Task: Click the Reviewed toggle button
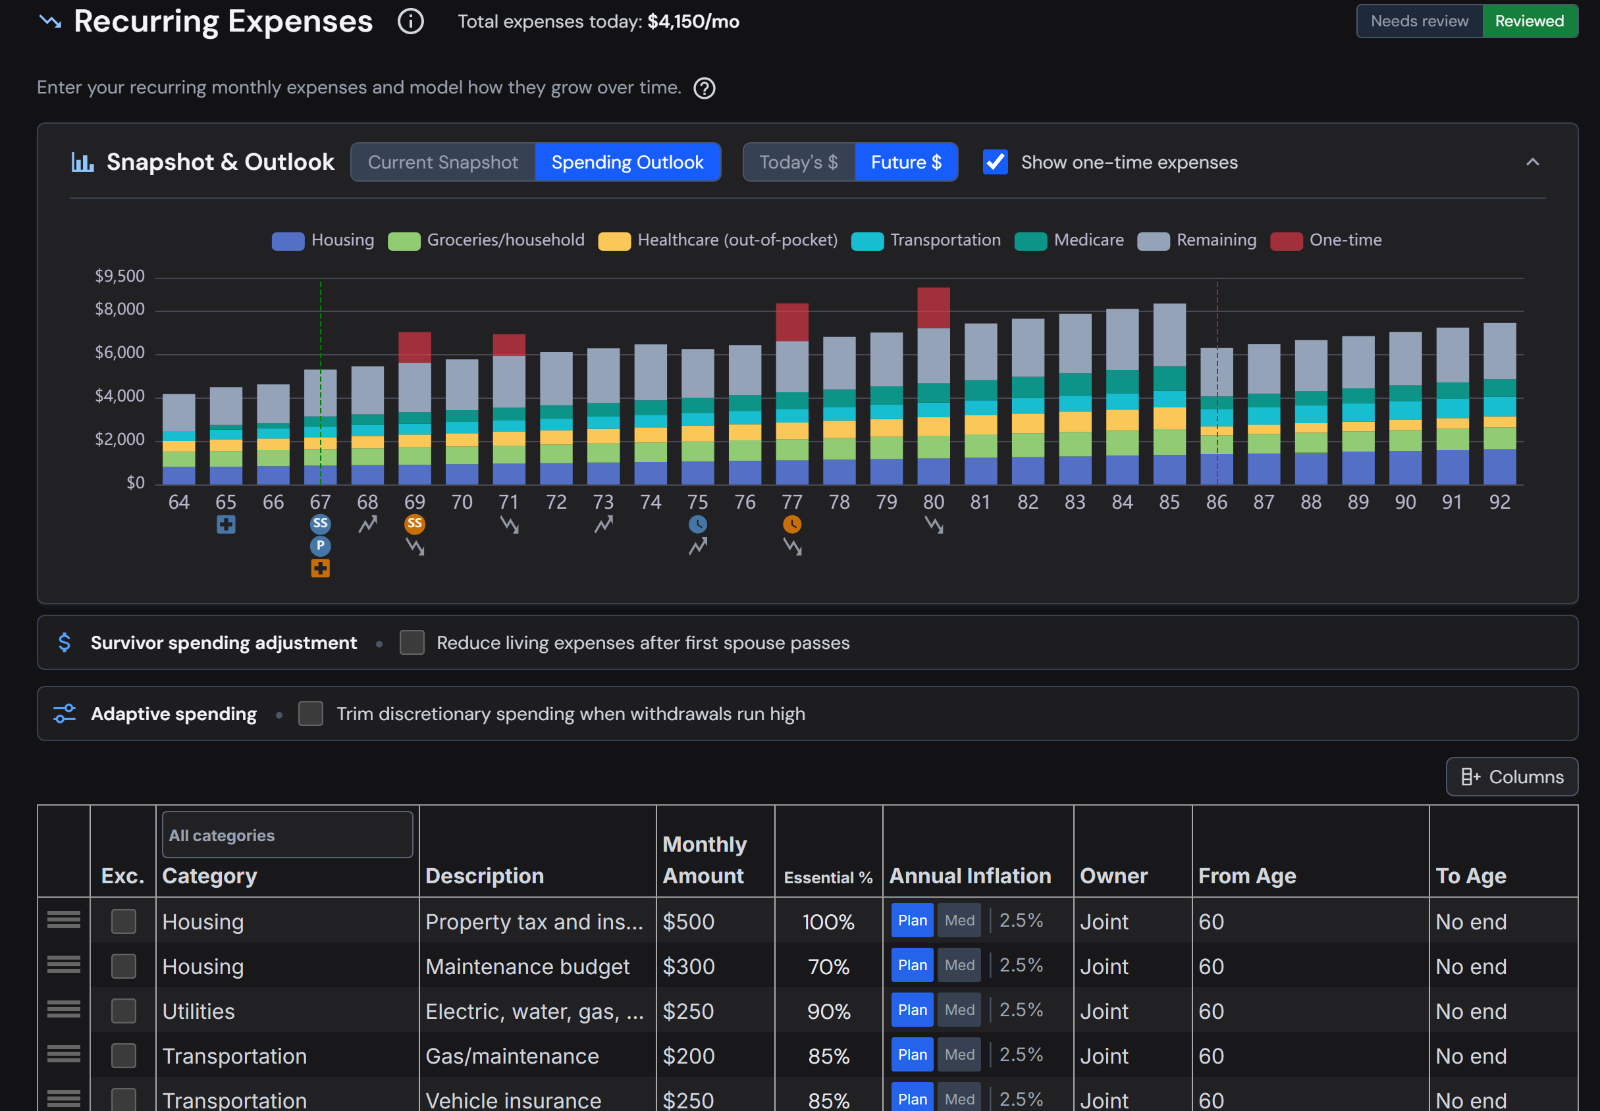pyautogui.click(x=1529, y=21)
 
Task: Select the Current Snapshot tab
pyautogui.click(x=443, y=162)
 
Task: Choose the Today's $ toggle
pyautogui.click(x=799, y=162)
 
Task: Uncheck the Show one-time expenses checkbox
pyautogui.click(x=995, y=162)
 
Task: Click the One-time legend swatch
pyautogui.click(x=1286, y=241)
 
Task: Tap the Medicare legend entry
pyautogui.click(x=1069, y=240)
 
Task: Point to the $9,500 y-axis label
pyautogui.click(x=120, y=276)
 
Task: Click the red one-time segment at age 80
pyautogui.click(x=933, y=307)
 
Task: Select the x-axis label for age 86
pyautogui.click(x=1216, y=502)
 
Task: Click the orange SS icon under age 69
pyautogui.click(x=414, y=523)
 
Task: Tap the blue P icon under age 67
pyautogui.click(x=320, y=546)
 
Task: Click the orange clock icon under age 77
pyautogui.click(x=791, y=524)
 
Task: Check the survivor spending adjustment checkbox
pyautogui.click(x=412, y=642)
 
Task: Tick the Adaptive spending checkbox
pyautogui.click(x=311, y=713)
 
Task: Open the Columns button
pyautogui.click(x=1512, y=777)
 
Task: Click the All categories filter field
pyautogui.click(x=287, y=835)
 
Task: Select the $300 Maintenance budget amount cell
pyautogui.click(x=715, y=966)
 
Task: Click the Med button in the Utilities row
pyautogui.click(x=959, y=1010)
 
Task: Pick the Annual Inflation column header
pyautogui.click(x=970, y=876)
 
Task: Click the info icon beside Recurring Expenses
pyautogui.click(x=410, y=22)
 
